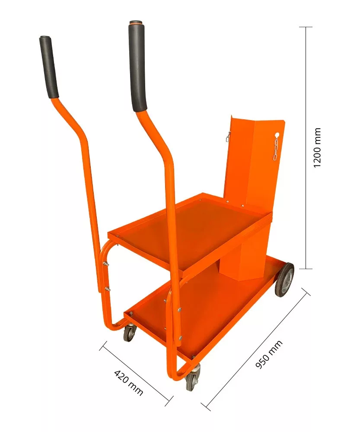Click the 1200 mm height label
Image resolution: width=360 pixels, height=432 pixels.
[x=317, y=147]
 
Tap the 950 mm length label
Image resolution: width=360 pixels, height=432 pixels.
[x=269, y=354]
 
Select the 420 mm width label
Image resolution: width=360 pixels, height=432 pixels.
[x=128, y=383]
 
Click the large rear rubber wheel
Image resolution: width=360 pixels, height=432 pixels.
[x=284, y=280]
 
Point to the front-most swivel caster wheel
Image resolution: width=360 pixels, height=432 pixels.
[x=192, y=377]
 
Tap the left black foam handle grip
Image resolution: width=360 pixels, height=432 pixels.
[x=49, y=67]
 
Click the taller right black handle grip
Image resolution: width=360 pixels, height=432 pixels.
[x=137, y=67]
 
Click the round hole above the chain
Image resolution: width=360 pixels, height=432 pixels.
[x=277, y=135]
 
